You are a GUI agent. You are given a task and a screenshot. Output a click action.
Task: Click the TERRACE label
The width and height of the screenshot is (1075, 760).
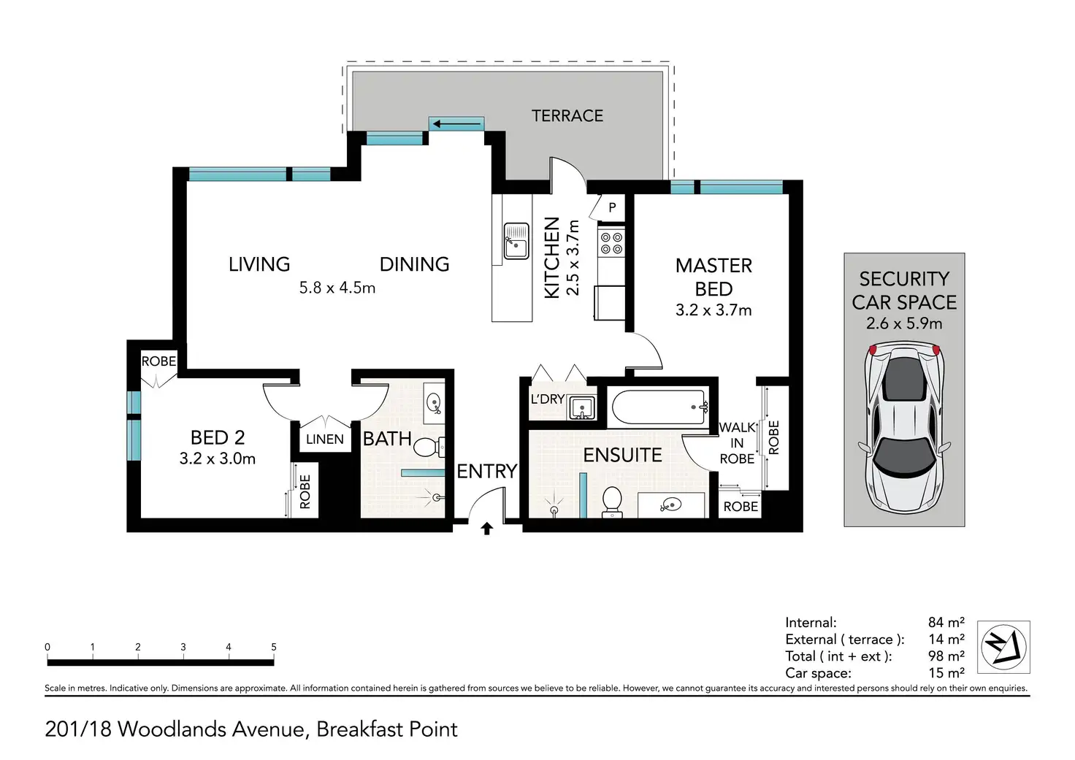click(567, 115)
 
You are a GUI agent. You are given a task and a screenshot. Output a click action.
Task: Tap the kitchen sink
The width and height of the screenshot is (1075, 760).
click(516, 242)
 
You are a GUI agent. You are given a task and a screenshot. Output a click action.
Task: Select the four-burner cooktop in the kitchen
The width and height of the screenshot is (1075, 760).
click(611, 243)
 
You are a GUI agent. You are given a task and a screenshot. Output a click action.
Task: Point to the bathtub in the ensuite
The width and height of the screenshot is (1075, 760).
click(659, 407)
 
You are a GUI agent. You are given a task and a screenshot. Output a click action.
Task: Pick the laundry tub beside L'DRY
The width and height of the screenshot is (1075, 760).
click(582, 407)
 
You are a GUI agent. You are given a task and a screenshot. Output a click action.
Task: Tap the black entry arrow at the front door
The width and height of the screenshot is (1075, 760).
click(486, 529)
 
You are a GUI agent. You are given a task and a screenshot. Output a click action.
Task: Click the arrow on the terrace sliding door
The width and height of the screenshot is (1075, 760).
click(456, 125)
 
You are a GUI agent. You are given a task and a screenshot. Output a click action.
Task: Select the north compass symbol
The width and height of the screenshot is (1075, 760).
click(1003, 647)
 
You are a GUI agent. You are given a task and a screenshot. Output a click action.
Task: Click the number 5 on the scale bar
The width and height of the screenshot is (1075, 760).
click(274, 647)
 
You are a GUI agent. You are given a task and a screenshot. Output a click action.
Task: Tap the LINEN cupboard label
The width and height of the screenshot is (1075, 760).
click(325, 439)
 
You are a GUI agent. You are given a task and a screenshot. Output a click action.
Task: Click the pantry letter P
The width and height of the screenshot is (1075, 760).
click(612, 207)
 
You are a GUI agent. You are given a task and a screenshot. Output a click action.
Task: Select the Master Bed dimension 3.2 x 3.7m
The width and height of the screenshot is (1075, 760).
click(714, 310)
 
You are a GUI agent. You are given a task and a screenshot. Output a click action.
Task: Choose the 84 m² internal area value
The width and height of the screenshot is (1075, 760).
click(946, 622)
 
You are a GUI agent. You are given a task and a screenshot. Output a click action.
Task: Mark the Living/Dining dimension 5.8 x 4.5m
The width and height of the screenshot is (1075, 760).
click(337, 288)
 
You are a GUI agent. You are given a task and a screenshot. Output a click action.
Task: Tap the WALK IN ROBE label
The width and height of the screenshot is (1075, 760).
click(737, 443)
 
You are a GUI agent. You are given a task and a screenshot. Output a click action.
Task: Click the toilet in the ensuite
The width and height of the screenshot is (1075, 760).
click(612, 502)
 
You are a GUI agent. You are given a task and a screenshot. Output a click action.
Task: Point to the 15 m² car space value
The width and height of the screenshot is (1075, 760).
click(946, 673)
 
